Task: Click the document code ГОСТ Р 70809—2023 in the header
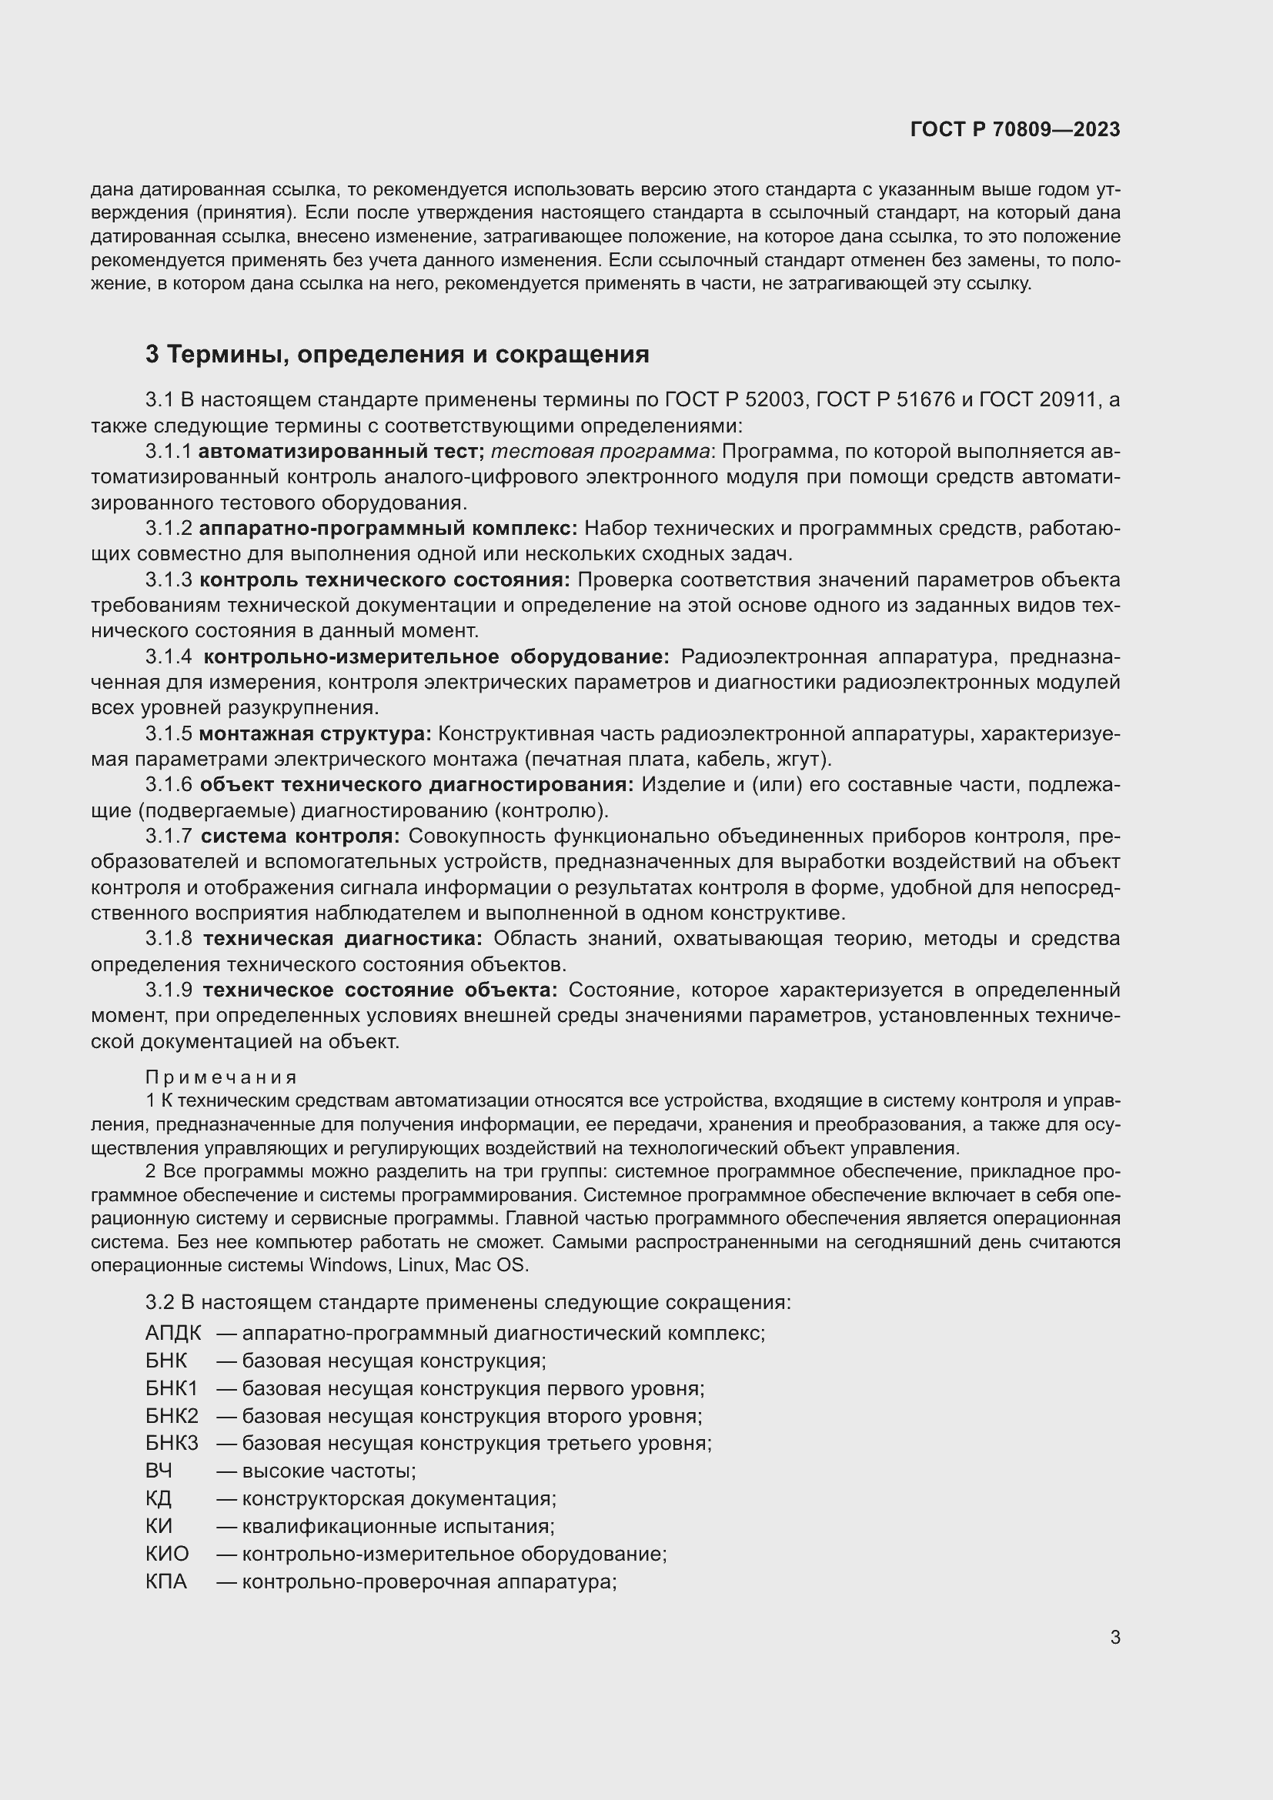tap(1015, 130)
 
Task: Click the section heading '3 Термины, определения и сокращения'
tap(397, 354)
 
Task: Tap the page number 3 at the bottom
tap(1114, 1637)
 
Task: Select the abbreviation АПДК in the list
tap(173, 1332)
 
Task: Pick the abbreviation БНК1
tap(172, 1388)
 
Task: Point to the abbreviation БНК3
tap(172, 1442)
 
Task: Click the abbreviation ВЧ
tap(159, 1470)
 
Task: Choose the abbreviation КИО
tap(167, 1553)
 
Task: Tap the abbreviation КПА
tap(166, 1581)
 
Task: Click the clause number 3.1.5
tap(169, 734)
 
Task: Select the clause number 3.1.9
tap(169, 990)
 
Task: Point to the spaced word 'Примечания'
tap(222, 1078)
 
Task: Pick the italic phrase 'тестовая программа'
tap(601, 452)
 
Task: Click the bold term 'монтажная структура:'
tap(315, 734)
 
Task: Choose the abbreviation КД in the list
tap(159, 1498)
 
